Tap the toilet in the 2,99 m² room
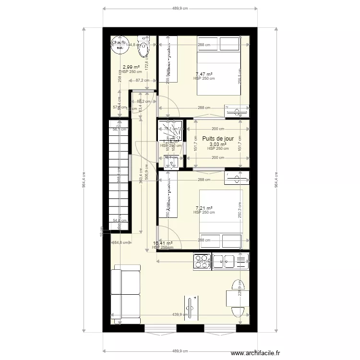[x=143, y=47]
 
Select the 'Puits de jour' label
[x=218, y=139]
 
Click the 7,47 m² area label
[x=204, y=74]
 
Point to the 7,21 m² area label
[x=204, y=208]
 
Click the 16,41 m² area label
[x=162, y=243]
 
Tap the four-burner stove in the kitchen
[x=202, y=261]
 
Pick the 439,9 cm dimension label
[x=180, y=315]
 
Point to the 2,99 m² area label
[x=131, y=67]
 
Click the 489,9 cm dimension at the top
[x=180, y=9]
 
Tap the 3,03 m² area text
[x=217, y=144]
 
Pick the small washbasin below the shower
[x=171, y=163]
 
